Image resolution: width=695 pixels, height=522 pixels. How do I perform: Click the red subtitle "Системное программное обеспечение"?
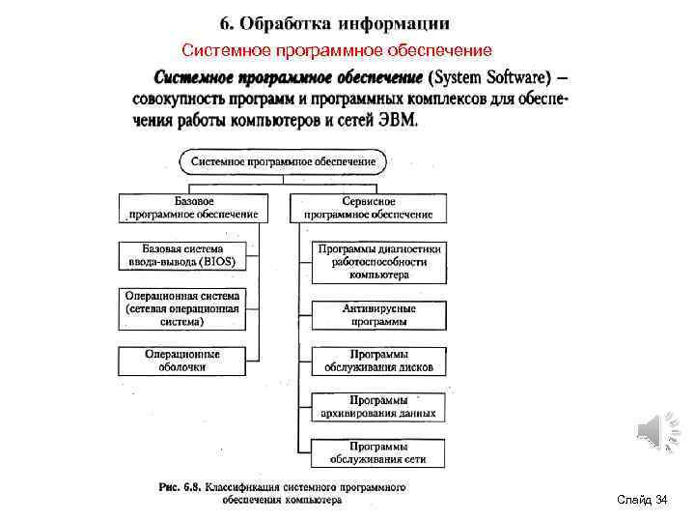point(337,50)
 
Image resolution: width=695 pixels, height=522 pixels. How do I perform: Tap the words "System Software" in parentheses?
point(489,76)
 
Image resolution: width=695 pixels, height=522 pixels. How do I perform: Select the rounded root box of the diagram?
point(283,162)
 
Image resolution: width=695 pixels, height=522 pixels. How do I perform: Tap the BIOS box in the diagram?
point(181,255)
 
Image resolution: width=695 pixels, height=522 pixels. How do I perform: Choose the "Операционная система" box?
point(182,308)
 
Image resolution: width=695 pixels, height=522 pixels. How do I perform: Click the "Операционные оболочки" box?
point(182,361)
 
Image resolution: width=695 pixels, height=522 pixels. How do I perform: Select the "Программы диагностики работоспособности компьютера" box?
point(378,261)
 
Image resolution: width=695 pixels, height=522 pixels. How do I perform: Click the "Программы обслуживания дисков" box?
point(378,361)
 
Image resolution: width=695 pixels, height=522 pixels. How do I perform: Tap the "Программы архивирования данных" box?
point(378,406)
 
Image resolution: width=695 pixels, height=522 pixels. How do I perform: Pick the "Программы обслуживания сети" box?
point(378,451)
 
